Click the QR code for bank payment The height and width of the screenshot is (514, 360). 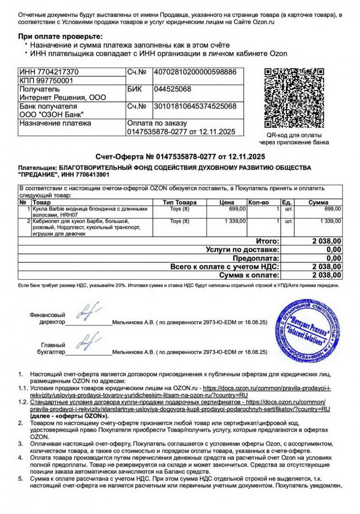tap(293, 98)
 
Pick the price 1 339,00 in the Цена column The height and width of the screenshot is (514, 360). tap(235, 221)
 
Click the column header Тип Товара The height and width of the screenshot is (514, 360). tap(179, 203)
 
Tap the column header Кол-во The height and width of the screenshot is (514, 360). tap(259, 203)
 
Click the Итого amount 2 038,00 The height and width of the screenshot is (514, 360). tap(326, 241)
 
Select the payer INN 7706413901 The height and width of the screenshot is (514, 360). tap(84, 175)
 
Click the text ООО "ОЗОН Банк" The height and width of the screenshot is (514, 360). tap(51, 114)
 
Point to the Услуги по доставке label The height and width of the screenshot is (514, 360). tap(242, 250)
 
